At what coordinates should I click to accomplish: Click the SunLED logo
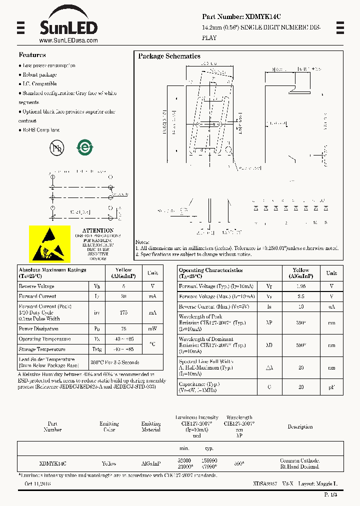pos(68,22)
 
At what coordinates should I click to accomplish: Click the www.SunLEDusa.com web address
pos(68,40)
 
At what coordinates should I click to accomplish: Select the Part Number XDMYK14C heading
pos(241,16)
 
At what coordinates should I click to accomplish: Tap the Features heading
pos(32,55)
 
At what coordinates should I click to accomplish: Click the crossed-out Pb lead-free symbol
pos(56,147)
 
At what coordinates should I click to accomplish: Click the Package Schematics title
pos(169,56)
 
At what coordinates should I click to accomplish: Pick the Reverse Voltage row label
pos(36,286)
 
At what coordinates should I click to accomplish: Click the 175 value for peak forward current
pos(123,312)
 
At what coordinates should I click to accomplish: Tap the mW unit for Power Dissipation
pos(152,329)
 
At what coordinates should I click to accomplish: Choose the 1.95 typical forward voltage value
pos(300,286)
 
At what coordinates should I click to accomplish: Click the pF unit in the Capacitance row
pos(331,387)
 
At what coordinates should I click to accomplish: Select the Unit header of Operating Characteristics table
pos(331,273)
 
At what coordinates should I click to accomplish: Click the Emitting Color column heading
pos(109,426)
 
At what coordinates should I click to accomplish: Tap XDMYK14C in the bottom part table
pos(52,463)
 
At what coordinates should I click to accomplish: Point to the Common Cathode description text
pos(299,460)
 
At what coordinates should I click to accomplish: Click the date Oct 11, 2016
pos(37,484)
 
